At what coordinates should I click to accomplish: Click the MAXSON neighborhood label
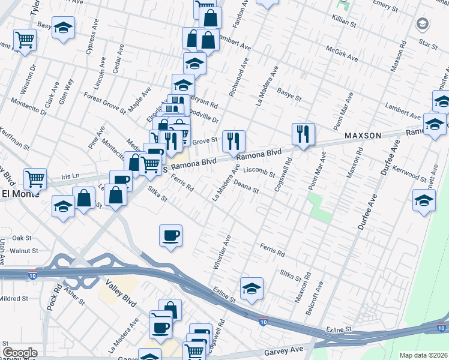(363, 136)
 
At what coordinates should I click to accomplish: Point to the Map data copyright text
(423, 355)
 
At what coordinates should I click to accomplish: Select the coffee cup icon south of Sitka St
(170, 235)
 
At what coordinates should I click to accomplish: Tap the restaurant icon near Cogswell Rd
(303, 134)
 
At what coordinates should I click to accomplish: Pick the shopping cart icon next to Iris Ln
(35, 178)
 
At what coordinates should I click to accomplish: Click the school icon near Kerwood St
(424, 200)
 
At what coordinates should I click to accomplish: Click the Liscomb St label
(259, 174)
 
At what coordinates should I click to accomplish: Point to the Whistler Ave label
(221, 252)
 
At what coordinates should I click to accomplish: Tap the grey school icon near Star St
(422, 24)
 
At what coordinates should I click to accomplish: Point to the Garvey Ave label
(281, 351)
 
